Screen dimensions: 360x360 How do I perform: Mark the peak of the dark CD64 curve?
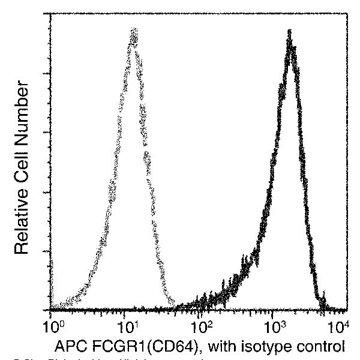290,31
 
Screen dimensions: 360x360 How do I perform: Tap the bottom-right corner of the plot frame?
347,310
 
